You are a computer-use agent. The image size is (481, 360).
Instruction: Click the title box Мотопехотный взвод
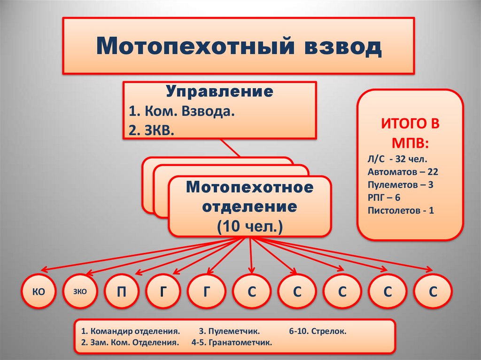click(239, 46)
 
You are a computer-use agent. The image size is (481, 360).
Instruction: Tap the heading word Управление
click(219, 91)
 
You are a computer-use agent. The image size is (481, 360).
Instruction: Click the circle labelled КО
click(39, 291)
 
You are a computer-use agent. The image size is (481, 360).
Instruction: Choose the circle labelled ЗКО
click(80, 291)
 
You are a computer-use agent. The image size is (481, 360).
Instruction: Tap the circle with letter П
click(122, 291)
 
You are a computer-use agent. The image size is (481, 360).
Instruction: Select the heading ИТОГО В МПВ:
click(411, 133)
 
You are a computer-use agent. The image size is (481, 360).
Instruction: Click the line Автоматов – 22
click(403, 172)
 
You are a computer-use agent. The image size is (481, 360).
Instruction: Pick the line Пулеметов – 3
click(401, 184)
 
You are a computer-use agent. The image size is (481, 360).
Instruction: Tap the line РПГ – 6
click(384, 198)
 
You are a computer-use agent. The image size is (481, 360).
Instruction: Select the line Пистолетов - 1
click(401, 210)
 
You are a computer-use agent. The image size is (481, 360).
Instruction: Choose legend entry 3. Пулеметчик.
click(229, 331)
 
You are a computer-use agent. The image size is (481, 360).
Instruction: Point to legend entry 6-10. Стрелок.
click(318, 331)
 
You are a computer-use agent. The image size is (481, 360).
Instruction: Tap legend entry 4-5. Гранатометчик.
click(232, 343)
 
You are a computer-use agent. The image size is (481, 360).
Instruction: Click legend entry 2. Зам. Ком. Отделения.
click(130, 343)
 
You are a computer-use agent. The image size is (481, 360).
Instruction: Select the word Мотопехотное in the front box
click(249, 188)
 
